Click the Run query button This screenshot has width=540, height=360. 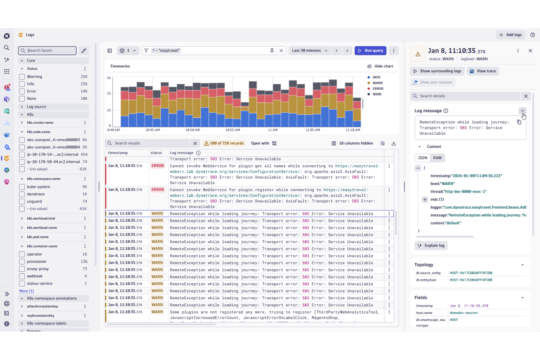coord(370,51)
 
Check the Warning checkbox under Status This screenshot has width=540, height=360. coord(22,77)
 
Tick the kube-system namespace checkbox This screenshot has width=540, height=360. coord(22,187)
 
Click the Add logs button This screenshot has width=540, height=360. coord(510,35)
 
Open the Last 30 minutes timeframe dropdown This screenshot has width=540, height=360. coord(309,51)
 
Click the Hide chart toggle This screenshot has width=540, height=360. coord(380,66)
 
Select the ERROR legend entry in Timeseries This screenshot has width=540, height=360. coord(377,89)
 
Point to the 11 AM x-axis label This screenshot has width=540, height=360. coord(273,130)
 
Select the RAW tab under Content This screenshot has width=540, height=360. coord(437,158)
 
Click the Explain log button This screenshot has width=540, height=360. coord(431,245)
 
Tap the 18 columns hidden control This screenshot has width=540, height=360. coord(352,143)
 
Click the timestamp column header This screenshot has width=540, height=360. coord(118,153)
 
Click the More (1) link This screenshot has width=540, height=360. coord(26,291)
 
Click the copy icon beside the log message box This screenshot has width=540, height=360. coord(519,122)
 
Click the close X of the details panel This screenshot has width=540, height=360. coord(530,51)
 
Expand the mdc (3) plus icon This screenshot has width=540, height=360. coord(425,200)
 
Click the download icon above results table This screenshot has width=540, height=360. coord(394,143)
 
